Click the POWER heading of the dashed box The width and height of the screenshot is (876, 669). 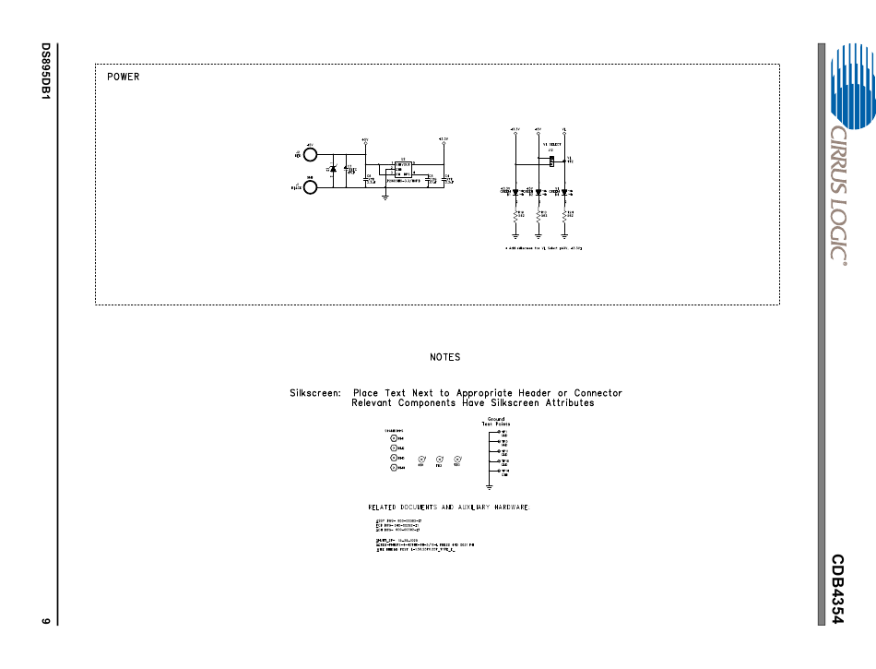tap(124, 77)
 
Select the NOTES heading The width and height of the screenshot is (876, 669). tap(444, 357)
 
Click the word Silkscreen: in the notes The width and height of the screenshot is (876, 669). tap(315, 393)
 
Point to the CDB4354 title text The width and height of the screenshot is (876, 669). tap(837, 590)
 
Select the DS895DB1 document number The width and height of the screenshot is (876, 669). tap(44, 71)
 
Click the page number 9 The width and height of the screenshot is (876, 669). tap(44, 619)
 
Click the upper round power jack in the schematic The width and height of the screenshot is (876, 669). tap(311, 154)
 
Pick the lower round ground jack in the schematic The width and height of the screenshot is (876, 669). tap(311, 187)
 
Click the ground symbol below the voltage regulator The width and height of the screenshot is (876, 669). tap(385, 197)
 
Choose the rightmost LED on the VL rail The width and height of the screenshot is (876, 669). tap(564, 192)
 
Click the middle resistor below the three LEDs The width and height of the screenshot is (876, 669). tap(538, 215)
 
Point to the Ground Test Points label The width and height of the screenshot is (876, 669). tap(495, 422)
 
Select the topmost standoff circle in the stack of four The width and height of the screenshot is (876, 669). tap(394, 438)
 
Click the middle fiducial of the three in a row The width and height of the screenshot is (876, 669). tap(440, 459)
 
